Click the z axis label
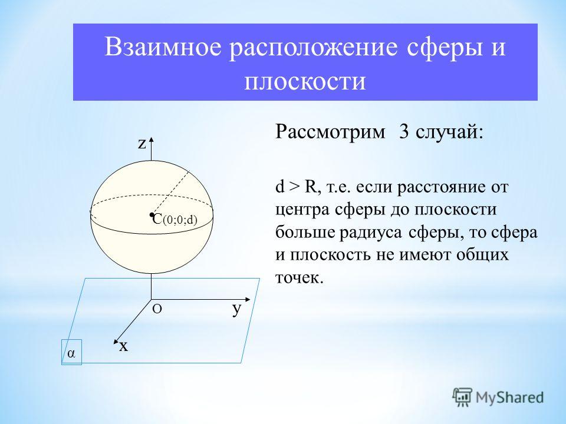pos(142,144)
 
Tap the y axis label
pos(236,309)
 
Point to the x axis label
pos(124,346)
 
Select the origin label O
pos(157,309)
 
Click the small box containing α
pos(71,352)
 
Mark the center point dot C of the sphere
pos(152,215)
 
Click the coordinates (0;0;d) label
pos(180,220)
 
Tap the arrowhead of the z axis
pos(152,141)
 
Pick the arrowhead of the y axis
pos(247,300)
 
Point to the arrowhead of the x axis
pos(116,342)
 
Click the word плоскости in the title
pos(305,82)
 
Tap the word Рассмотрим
pos(330,132)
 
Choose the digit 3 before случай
pos(404,132)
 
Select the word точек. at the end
pos(299,277)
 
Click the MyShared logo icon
pos(462,397)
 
